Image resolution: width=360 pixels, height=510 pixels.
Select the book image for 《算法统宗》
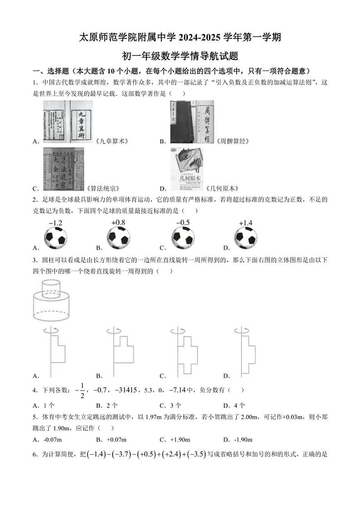pos(63,169)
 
